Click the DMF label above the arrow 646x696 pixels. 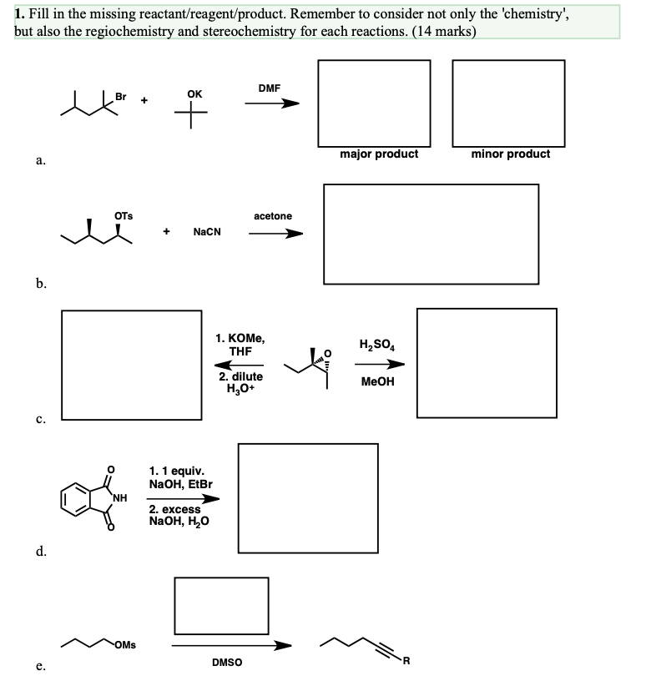pos(270,88)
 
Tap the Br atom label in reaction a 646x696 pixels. pos(122,97)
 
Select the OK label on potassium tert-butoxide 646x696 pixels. pos(194,94)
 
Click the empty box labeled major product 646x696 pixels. pos(375,102)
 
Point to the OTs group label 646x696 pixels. pos(123,216)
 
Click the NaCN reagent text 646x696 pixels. pos(207,232)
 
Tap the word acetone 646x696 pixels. pos(273,216)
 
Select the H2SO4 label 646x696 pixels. pos(376,345)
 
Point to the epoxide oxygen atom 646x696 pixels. pos(328,351)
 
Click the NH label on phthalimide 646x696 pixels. pos(119,499)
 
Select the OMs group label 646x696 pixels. pos(128,643)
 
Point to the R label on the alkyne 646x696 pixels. pos(406,663)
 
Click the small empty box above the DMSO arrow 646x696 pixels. pos(221,605)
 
